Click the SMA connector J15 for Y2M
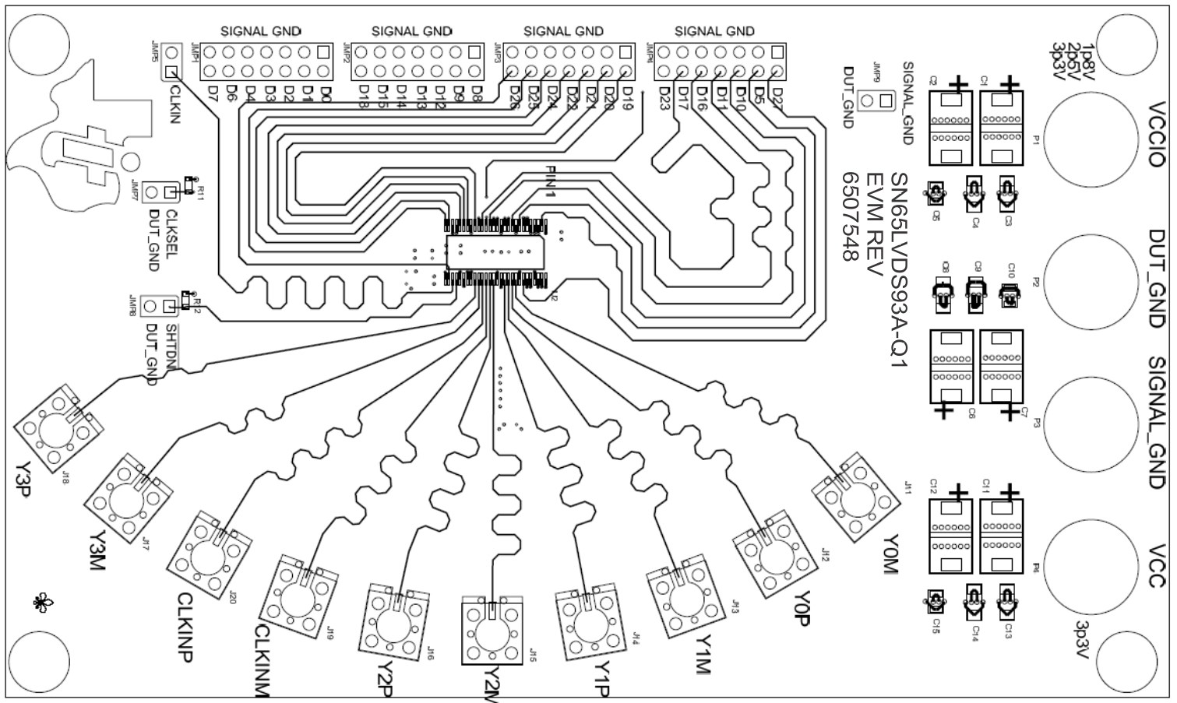[x=492, y=631]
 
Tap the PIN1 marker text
[x=550, y=181]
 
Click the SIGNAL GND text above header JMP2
[x=411, y=31]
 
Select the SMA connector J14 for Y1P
[x=590, y=623]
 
